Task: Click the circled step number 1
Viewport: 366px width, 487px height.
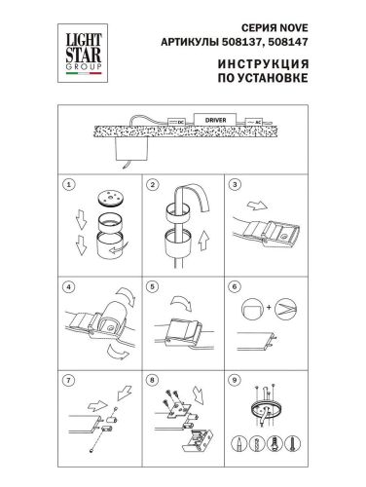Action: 68,183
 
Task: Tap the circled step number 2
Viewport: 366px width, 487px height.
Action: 152,183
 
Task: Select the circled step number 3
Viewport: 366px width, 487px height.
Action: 236,183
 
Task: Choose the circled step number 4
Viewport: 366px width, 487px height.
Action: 68,288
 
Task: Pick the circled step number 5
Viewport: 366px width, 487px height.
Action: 152,288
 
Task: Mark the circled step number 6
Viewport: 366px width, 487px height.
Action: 236,288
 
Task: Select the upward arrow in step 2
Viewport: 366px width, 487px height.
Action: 203,236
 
